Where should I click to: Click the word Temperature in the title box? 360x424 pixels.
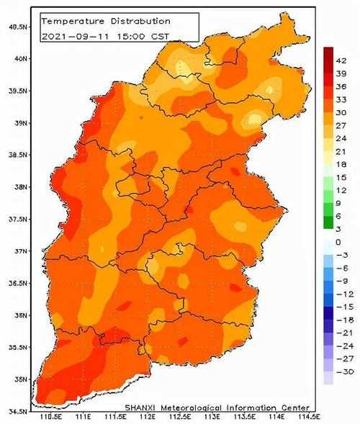click(x=73, y=22)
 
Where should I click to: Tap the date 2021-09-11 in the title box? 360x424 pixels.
click(x=75, y=36)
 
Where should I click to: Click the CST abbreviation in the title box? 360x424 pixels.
click(x=160, y=36)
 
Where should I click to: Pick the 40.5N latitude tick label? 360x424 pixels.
click(x=18, y=27)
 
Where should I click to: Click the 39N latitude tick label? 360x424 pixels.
click(x=21, y=123)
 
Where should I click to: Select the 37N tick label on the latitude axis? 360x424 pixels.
click(x=21, y=251)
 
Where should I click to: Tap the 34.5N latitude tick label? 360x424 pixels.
click(x=18, y=412)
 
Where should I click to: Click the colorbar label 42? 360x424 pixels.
click(x=341, y=61)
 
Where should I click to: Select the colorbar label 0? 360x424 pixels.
click(x=338, y=243)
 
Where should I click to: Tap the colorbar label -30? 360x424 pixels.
click(x=345, y=372)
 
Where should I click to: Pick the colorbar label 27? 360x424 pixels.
click(x=341, y=126)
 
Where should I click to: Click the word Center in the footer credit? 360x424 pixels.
click(x=295, y=407)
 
